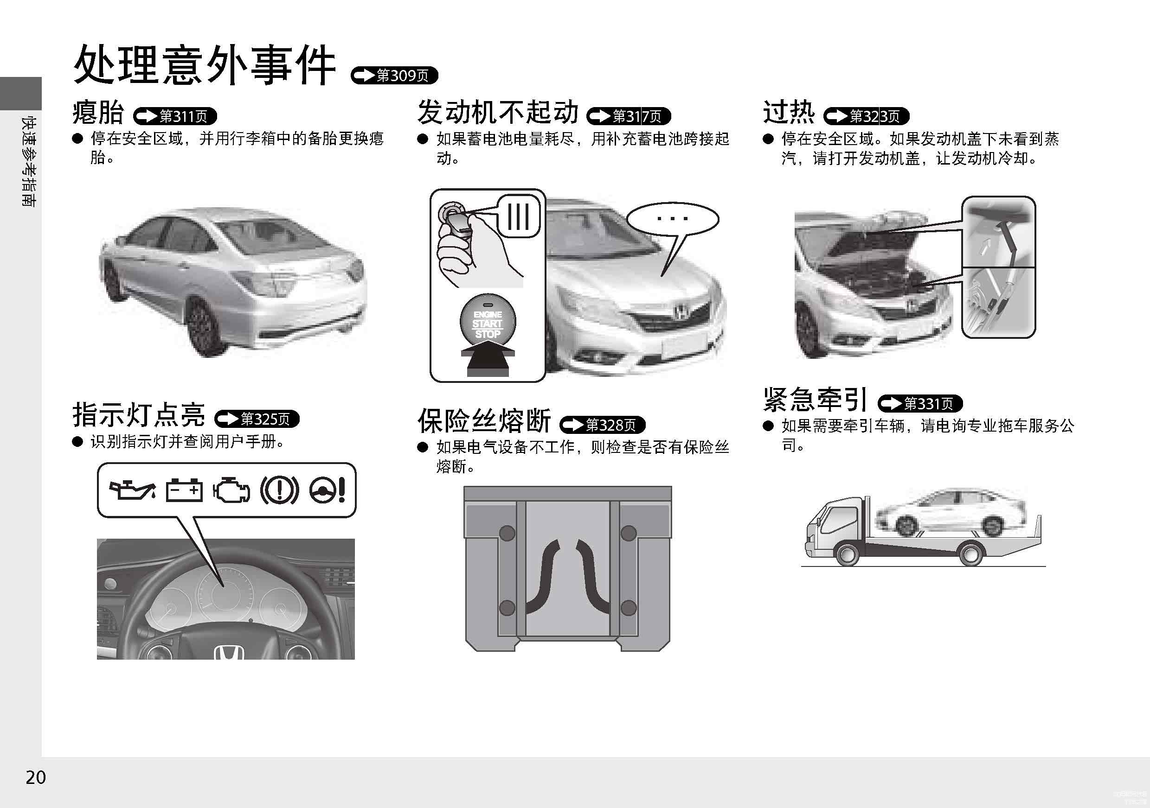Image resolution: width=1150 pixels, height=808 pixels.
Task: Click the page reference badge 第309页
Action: (x=394, y=76)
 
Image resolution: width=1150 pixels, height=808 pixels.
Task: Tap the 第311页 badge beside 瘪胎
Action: (x=175, y=116)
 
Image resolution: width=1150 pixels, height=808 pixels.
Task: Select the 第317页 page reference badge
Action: (x=629, y=116)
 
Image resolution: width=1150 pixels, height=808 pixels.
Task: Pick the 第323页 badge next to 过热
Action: (x=866, y=116)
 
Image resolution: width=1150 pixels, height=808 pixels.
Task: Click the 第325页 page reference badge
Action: (x=257, y=419)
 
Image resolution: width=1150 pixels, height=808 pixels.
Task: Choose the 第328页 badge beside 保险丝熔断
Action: (x=603, y=425)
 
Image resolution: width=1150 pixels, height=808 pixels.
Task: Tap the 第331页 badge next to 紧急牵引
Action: (x=920, y=403)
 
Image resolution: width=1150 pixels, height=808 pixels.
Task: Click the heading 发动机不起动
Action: (x=498, y=111)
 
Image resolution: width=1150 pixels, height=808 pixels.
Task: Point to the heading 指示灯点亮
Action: (x=139, y=414)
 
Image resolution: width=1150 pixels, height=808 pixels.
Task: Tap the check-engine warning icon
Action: (x=232, y=490)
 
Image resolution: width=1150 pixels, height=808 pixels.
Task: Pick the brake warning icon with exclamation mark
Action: (x=279, y=490)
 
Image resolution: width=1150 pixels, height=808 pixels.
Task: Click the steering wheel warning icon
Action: (x=327, y=490)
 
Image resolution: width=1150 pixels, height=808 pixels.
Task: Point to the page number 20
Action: (x=36, y=777)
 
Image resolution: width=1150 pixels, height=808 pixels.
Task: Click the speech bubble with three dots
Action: (x=673, y=219)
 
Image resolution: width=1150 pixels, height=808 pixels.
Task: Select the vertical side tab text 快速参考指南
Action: (x=29, y=161)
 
